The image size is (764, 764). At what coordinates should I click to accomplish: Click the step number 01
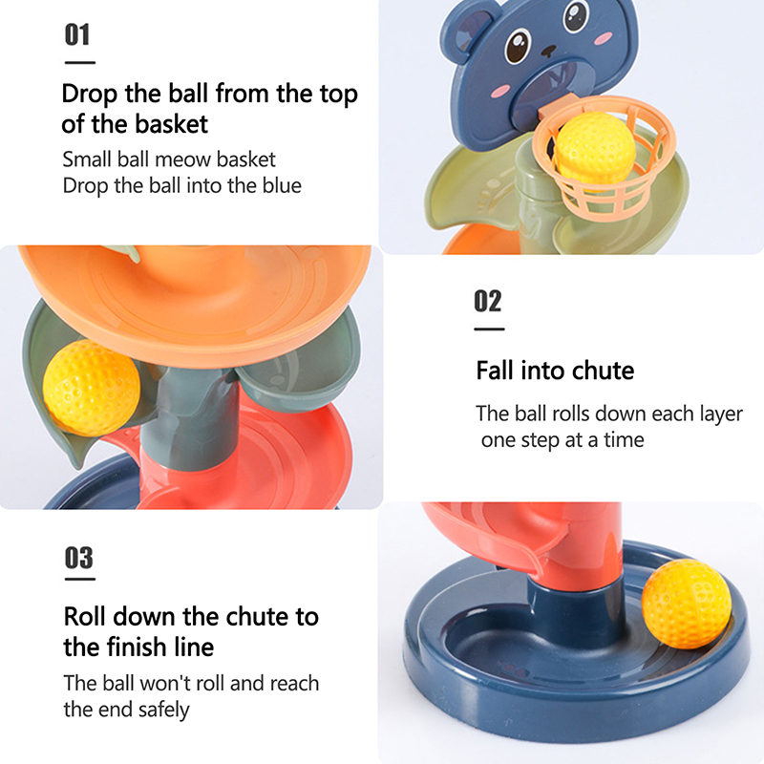[77, 35]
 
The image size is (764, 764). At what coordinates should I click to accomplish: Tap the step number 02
[488, 301]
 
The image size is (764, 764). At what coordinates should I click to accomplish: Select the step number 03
[79, 558]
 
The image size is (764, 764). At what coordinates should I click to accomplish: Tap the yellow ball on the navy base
[687, 605]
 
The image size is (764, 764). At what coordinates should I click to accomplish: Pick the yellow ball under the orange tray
[91, 389]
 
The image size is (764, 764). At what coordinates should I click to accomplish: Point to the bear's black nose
[548, 51]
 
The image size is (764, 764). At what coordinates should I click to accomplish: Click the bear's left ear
[467, 31]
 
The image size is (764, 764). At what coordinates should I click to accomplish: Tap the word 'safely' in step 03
[163, 711]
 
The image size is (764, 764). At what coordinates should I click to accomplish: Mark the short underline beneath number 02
[489, 329]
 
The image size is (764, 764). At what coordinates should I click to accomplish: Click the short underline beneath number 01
[80, 62]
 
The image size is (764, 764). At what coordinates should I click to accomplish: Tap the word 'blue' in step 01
[282, 185]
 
